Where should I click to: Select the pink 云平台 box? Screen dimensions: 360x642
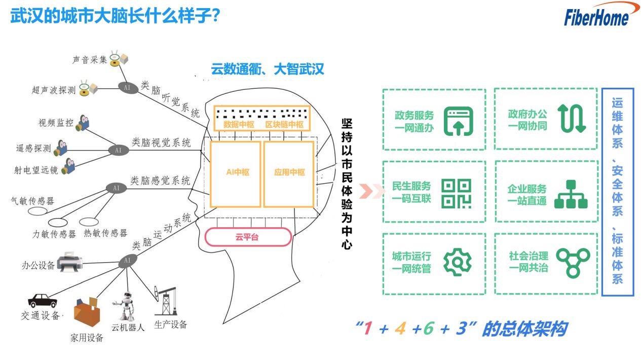[x=248, y=237]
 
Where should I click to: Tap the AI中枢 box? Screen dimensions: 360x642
[x=236, y=173]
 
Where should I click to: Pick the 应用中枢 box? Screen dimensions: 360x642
[x=289, y=173]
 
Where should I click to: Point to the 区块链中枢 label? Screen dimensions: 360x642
[x=284, y=124]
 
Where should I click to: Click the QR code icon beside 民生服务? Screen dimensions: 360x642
[x=456, y=193]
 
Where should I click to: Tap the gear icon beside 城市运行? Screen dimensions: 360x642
[x=458, y=262]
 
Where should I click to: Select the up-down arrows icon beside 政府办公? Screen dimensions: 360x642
[x=572, y=119]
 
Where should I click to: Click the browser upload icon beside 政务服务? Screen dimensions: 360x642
[x=458, y=121]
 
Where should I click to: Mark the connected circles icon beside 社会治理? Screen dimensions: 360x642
[x=573, y=262]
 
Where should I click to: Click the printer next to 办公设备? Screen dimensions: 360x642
[x=69, y=263]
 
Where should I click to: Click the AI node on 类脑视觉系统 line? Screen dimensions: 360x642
[x=118, y=150]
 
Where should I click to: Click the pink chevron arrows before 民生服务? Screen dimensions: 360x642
[x=368, y=192]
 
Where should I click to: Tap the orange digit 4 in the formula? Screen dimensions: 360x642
[x=400, y=329]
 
